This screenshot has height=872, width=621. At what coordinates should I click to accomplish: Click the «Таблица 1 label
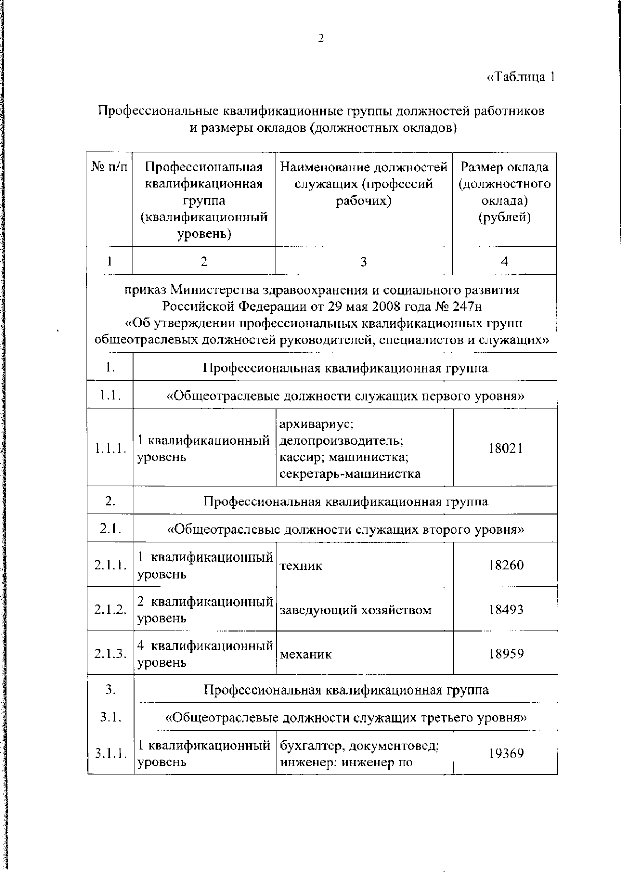click(x=521, y=77)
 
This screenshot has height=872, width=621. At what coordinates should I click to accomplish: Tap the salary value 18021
click(x=505, y=448)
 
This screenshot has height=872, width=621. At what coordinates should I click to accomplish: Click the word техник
click(x=301, y=566)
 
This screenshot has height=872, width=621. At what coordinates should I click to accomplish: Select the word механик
click(x=305, y=655)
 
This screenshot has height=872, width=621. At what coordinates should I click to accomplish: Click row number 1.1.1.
click(x=110, y=448)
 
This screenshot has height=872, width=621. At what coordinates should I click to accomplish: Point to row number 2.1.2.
click(x=110, y=609)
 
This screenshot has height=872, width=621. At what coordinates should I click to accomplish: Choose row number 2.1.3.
click(x=110, y=654)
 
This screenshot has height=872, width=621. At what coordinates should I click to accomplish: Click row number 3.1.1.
click(x=110, y=753)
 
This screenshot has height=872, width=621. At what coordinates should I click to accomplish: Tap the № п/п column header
click(x=109, y=168)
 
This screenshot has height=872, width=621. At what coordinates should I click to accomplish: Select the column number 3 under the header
click(x=364, y=262)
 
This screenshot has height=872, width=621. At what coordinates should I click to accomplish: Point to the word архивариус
click(x=316, y=425)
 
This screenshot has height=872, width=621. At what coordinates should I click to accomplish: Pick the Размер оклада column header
click(x=505, y=192)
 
